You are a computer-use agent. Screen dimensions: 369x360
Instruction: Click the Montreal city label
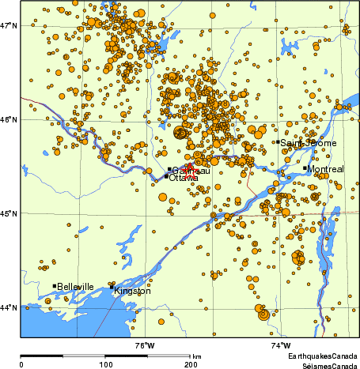tap(327, 170)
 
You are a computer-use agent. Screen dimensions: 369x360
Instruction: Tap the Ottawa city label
tap(184, 179)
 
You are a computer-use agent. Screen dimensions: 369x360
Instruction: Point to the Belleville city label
tap(76, 287)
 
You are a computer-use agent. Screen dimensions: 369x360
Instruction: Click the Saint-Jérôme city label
tap(309, 143)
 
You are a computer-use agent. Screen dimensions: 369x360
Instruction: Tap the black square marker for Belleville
tap(55, 286)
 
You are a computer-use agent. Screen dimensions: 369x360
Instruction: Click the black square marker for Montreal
tap(305, 168)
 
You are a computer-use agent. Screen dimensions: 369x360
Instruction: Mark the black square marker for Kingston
tap(112, 286)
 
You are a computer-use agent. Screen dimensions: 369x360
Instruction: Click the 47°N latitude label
tap(9, 26)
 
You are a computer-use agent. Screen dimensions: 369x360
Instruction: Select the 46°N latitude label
tap(9, 120)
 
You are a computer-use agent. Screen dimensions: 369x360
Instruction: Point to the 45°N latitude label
tap(9, 213)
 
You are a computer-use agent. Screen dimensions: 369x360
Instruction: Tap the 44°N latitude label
tap(9, 307)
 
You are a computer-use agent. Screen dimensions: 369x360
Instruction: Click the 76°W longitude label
tap(144, 345)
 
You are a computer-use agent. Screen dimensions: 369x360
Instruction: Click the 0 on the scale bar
tap(21, 363)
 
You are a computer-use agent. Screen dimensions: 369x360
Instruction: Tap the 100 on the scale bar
tap(105, 363)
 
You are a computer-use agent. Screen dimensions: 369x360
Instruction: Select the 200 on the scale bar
tap(191, 363)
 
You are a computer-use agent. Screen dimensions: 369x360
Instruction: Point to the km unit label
tap(197, 357)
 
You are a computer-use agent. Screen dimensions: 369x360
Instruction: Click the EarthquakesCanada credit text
tap(322, 357)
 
